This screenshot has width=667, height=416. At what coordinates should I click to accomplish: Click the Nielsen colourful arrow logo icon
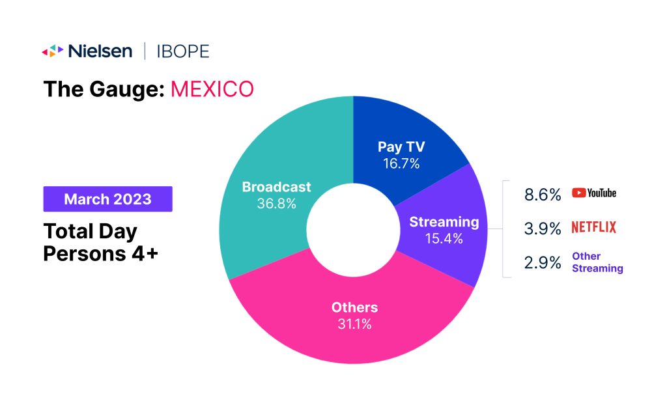[x=53, y=51]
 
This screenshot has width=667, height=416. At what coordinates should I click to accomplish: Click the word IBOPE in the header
[x=183, y=51]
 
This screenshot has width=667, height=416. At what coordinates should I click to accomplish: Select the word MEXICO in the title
[x=212, y=89]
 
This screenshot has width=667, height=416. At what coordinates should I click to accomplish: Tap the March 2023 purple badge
[x=107, y=199]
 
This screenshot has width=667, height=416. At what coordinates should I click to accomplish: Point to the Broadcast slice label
[x=276, y=187]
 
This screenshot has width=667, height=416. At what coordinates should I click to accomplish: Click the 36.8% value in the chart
[x=276, y=204]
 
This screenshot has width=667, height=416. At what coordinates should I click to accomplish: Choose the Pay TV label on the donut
[x=401, y=147]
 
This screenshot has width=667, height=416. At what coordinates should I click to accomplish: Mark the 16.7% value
[x=401, y=164]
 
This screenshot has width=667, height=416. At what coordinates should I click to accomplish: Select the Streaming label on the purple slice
[x=444, y=222]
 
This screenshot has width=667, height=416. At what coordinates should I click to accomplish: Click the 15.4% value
[x=444, y=239]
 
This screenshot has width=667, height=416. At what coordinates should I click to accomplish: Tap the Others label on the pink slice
[x=354, y=307]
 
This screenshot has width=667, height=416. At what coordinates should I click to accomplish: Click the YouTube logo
[x=594, y=193]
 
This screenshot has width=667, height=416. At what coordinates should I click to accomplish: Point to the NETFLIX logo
[x=594, y=227]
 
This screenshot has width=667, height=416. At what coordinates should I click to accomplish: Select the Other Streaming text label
[x=597, y=262]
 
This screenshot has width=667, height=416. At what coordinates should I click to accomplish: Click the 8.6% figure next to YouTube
[x=542, y=193]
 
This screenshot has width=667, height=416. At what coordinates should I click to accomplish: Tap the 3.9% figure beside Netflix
[x=542, y=228]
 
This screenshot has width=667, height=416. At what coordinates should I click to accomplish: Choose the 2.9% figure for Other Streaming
[x=542, y=262]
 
